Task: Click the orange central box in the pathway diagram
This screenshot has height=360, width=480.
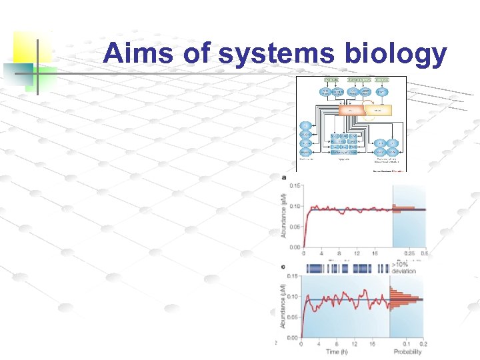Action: tap(351, 109)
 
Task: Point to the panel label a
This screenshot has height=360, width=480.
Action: tap(285, 177)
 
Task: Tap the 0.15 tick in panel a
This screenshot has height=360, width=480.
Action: tap(294, 185)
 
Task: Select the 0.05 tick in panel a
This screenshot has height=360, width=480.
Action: tap(294, 227)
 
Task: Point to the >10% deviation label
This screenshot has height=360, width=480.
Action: tap(404, 268)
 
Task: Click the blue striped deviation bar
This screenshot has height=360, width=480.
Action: tap(347, 268)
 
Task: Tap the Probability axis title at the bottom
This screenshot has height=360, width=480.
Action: tap(407, 351)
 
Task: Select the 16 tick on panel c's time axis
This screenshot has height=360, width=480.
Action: tap(375, 344)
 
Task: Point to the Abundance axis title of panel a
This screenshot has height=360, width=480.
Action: tap(283, 215)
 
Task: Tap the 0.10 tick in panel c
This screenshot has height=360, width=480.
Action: tap(294, 297)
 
